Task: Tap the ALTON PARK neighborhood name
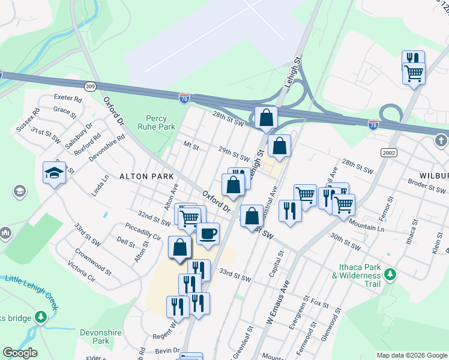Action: [x=146, y=176]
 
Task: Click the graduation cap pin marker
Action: [x=54, y=173]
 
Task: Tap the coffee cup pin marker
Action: [x=208, y=233]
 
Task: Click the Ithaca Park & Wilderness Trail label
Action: [x=356, y=279]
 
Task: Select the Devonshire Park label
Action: [x=93, y=336]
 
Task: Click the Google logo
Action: [x=20, y=353]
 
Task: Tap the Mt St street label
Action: [x=191, y=146]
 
